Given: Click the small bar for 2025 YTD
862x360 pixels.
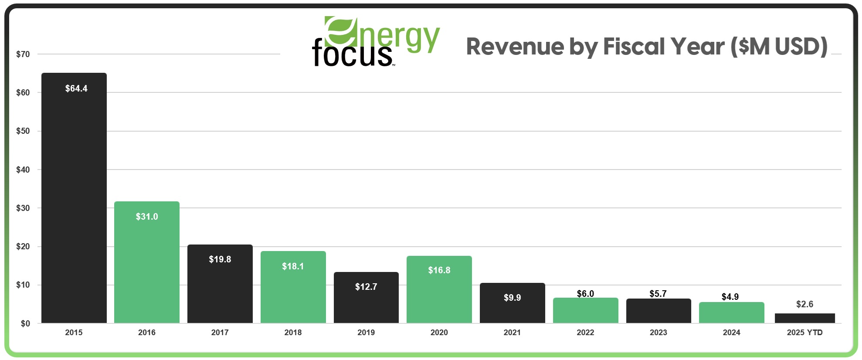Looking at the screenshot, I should pyautogui.click(x=804, y=318).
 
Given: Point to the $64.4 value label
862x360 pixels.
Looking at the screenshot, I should pyautogui.click(x=76, y=88).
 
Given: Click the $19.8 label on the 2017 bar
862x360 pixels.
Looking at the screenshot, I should pyautogui.click(x=220, y=259).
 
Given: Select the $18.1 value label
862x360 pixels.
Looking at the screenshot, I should pyautogui.click(x=293, y=266).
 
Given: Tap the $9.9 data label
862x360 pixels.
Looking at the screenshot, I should pyautogui.click(x=512, y=298).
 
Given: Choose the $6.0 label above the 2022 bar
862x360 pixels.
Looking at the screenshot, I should pyautogui.click(x=585, y=293).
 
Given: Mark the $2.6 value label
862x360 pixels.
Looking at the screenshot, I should pyautogui.click(x=804, y=304).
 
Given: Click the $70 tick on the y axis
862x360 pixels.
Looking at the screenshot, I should pyautogui.click(x=23, y=54).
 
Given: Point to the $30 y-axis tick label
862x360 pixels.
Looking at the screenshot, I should pyautogui.click(x=23, y=208).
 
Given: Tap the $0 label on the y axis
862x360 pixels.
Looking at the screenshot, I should pyautogui.click(x=25, y=323).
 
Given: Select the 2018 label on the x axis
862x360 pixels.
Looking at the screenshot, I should pyautogui.click(x=293, y=333).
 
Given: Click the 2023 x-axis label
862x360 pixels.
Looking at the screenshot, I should pyautogui.click(x=658, y=333).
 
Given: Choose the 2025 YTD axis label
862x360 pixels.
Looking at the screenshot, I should pyautogui.click(x=804, y=333).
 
